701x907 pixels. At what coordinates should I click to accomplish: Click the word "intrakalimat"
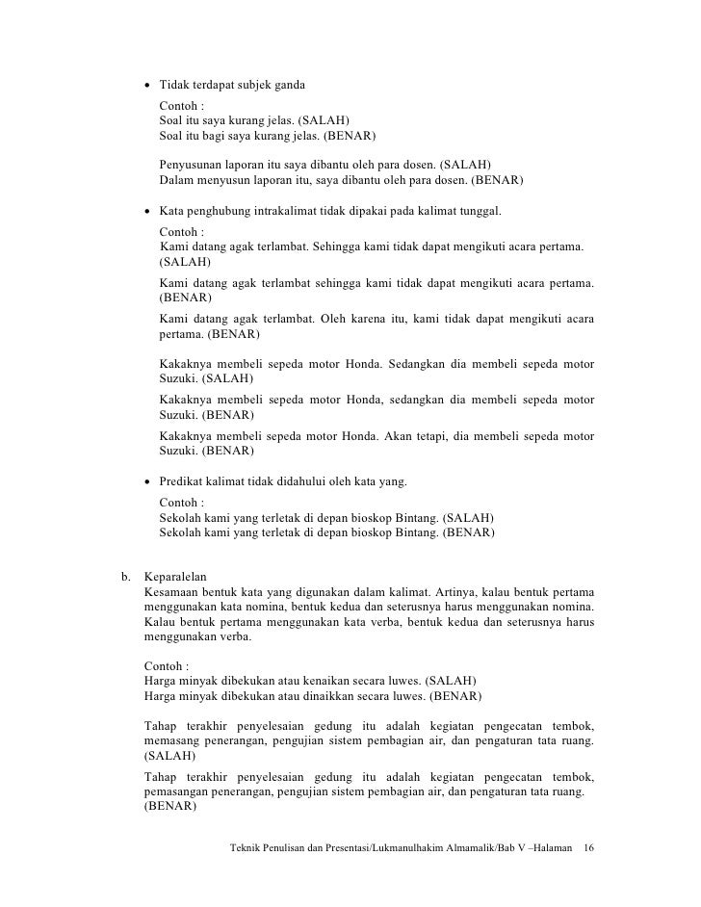[x=291, y=211]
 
